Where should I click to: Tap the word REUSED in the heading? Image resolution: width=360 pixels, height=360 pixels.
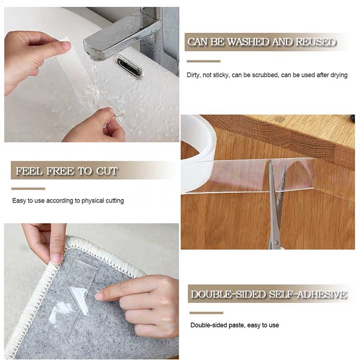coord(316,42)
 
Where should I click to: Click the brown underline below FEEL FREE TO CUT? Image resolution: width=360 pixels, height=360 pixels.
coord(28,189)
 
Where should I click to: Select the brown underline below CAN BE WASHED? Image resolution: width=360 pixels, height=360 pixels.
coord(203,61)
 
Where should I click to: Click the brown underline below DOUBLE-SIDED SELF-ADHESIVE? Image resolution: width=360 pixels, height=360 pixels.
coord(206,313)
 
